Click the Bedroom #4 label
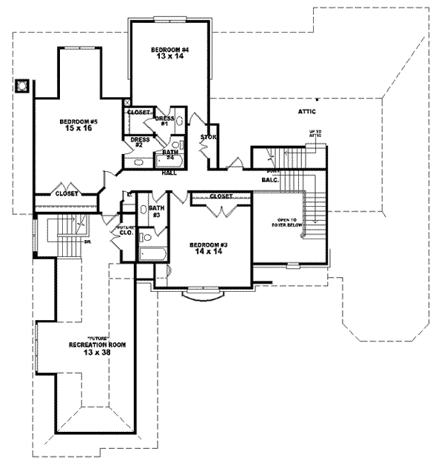(171, 50)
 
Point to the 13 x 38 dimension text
(95, 353)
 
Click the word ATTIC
(307, 112)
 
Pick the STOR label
(208, 137)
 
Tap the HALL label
(169, 173)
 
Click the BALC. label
(269, 180)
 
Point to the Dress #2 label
(140, 141)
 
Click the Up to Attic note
(315, 134)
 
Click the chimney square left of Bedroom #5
(24, 85)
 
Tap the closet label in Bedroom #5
(67, 193)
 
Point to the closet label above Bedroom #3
(221, 196)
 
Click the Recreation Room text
(97, 344)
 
